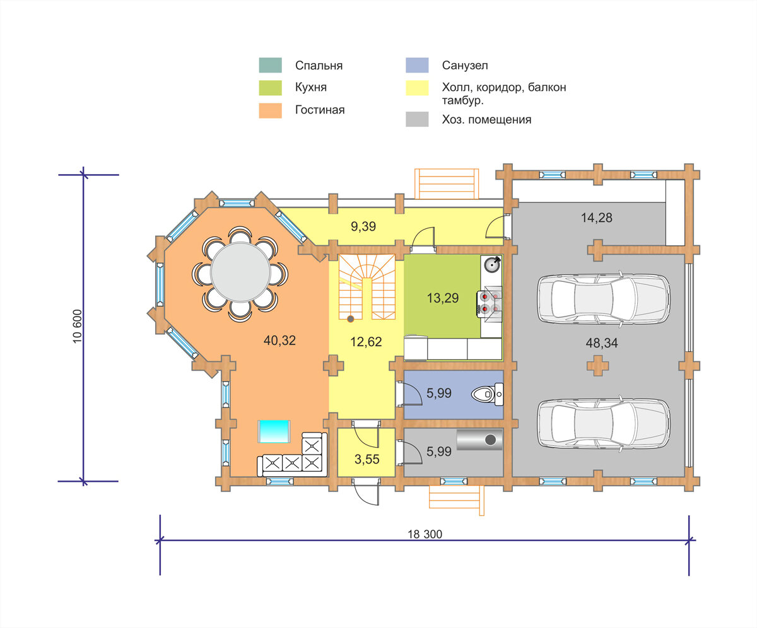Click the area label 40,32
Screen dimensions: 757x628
pos(279,340)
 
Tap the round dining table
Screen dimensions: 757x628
pos(240,272)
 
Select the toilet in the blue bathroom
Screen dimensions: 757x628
pos(487,394)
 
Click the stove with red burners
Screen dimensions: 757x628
pos(490,303)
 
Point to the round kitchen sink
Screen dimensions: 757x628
pos(493,264)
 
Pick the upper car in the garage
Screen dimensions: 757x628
pos(603,298)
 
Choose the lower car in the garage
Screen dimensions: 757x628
pos(603,423)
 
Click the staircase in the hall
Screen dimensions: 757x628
pos(367,287)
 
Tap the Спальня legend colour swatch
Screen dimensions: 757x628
pos(270,65)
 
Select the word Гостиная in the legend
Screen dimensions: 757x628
pos(320,110)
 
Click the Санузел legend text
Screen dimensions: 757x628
pos(465,65)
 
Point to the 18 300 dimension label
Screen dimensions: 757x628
pos(425,534)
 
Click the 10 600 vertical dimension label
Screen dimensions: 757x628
pos(77,326)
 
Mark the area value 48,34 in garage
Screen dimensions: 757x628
pos(602,343)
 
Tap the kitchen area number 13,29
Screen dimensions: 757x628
pos(443,298)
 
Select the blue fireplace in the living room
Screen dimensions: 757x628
pos(274,431)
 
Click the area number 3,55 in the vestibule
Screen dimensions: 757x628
pos(367,459)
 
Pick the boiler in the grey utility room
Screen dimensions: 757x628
pos(479,439)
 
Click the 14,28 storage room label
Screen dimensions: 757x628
pos(597,218)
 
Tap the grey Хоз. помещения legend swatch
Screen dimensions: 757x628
pos(417,119)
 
